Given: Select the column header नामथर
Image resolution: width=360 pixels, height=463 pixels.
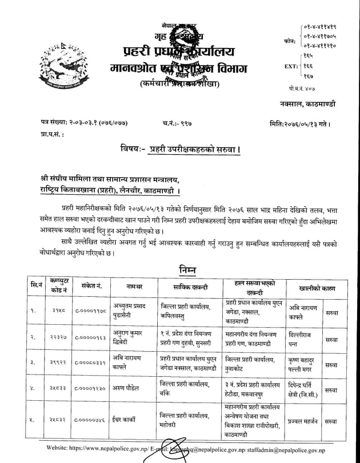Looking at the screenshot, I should [x=135, y=287].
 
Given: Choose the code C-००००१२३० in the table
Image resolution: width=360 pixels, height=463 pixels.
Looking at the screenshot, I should [x=93, y=389].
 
